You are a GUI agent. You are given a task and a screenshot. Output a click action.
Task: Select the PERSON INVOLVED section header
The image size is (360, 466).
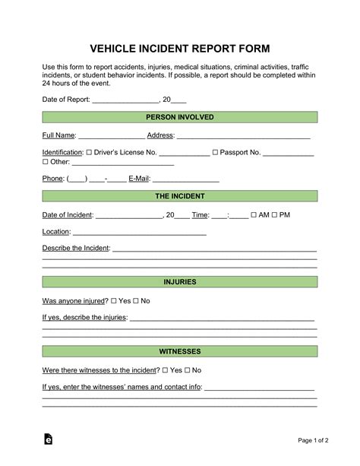click(179, 117)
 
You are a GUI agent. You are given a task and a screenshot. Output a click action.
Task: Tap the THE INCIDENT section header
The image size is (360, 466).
click(179, 196)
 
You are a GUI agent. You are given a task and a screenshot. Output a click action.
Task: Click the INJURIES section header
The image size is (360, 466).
click(179, 282)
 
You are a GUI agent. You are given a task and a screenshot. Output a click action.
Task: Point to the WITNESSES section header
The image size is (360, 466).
click(179, 352)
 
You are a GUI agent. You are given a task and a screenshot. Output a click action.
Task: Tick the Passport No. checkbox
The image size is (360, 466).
click(215, 153)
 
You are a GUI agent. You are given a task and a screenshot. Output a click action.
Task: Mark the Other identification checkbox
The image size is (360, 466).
click(45, 162)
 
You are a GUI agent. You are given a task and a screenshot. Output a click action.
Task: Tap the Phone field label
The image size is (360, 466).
click(52, 179)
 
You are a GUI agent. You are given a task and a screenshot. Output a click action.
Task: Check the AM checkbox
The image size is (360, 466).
click(253, 215)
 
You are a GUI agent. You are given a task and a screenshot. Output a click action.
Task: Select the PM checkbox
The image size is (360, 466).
click(275, 215)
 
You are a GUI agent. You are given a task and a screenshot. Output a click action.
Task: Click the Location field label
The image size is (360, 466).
click(55, 232)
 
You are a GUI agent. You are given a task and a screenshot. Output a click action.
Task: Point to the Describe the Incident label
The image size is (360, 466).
click(76, 249)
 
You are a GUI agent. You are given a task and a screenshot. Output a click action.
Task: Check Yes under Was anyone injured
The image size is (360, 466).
click(114, 301)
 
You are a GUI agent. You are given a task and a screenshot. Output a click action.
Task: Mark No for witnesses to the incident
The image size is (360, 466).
click(186, 370)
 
